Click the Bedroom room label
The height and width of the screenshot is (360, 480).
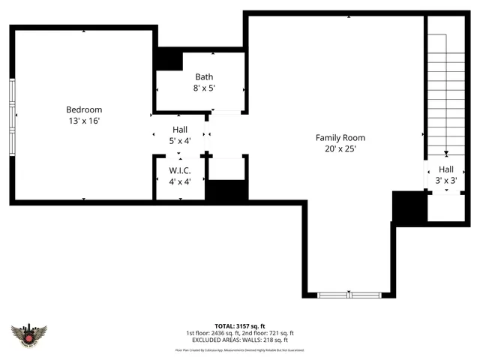click(x=84, y=109)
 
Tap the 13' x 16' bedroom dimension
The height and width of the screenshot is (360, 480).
click(x=84, y=121)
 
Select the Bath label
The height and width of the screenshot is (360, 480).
click(x=204, y=76)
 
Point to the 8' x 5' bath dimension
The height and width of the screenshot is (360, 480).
click(x=204, y=88)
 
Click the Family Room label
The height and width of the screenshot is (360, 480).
click(x=340, y=137)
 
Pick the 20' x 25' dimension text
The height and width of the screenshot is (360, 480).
click(x=340, y=148)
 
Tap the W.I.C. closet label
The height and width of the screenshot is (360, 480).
click(x=180, y=170)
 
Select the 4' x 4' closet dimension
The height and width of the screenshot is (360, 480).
click(x=180, y=181)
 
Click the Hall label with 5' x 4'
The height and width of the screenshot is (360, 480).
click(x=180, y=129)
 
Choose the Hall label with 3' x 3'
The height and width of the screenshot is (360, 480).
click(x=446, y=169)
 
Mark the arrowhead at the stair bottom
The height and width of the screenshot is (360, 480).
click(x=445, y=153)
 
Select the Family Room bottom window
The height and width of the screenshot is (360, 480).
click(x=349, y=295)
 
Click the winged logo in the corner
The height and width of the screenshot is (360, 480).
click(x=29, y=334)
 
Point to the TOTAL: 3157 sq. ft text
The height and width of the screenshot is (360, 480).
click(x=239, y=325)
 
